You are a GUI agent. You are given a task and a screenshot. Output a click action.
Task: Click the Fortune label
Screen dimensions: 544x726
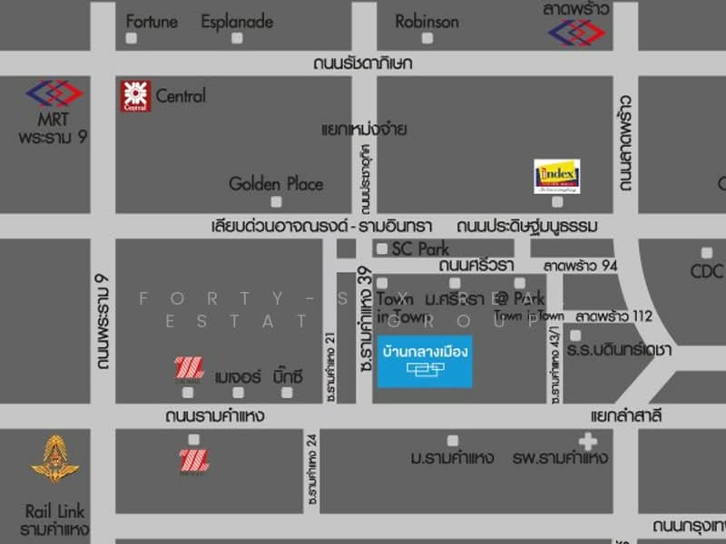point(152,22)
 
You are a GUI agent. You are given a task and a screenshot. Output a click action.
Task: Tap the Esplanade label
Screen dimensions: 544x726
point(236,22)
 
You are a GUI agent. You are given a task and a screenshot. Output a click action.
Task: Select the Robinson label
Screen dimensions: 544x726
point(427,22)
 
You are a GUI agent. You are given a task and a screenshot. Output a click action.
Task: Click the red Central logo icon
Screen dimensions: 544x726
point(135,96)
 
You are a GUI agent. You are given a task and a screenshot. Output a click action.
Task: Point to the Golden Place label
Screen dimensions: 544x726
point(275,184)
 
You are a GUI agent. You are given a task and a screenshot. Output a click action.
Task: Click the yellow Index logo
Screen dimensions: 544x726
point(556,176)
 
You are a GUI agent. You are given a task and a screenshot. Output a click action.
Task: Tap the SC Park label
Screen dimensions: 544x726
point(420,248)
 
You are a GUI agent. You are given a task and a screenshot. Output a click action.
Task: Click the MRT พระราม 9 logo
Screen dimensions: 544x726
point(54,92)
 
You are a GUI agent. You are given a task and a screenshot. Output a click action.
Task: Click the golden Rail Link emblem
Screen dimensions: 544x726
point(55,459)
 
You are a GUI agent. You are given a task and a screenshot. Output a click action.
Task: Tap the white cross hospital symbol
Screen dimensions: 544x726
point(588,442)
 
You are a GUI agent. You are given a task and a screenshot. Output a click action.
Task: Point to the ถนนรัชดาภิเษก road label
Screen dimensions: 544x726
point(363,63)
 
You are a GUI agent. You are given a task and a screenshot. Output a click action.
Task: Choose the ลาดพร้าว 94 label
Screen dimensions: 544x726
point(581,267)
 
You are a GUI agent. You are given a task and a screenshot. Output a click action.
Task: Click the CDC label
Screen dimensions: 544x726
point(706,272)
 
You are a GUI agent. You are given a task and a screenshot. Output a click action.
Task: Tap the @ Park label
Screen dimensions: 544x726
point(528,298)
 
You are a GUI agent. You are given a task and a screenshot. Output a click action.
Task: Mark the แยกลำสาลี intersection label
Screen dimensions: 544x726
point(625,416)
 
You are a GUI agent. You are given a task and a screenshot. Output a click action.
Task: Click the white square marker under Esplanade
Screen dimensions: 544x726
point(237,39)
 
